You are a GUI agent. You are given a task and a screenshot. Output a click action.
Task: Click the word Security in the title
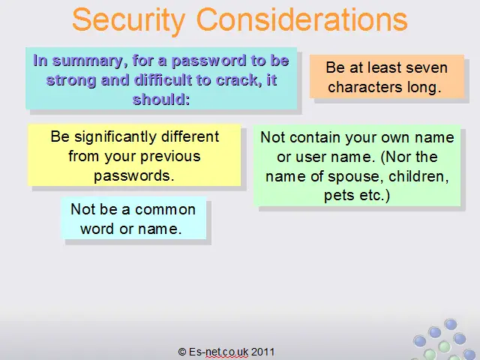pos(129,21)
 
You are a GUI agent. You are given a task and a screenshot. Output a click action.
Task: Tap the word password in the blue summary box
pos(209,61)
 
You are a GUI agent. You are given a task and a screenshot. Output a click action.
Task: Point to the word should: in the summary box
pos(161,99)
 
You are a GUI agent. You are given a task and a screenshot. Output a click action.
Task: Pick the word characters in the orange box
pos(364,87)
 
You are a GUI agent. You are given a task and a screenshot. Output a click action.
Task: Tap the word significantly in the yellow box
pos(115,137)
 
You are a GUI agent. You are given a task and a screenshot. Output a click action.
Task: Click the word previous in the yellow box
pos(170,157)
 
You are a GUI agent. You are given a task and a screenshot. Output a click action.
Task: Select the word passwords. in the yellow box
pos(134,175)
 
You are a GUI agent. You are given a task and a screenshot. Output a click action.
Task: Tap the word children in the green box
pos(418,176)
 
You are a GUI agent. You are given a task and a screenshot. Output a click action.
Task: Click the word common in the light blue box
pos(165,210)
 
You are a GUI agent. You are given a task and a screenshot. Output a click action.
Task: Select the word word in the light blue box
pos(97,229)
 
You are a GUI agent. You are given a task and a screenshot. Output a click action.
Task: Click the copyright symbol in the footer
pos(181,352)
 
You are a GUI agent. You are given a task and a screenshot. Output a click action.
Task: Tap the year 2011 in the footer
pos(263,352)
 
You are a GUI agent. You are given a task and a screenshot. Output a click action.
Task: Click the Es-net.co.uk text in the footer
pos(218,352)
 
